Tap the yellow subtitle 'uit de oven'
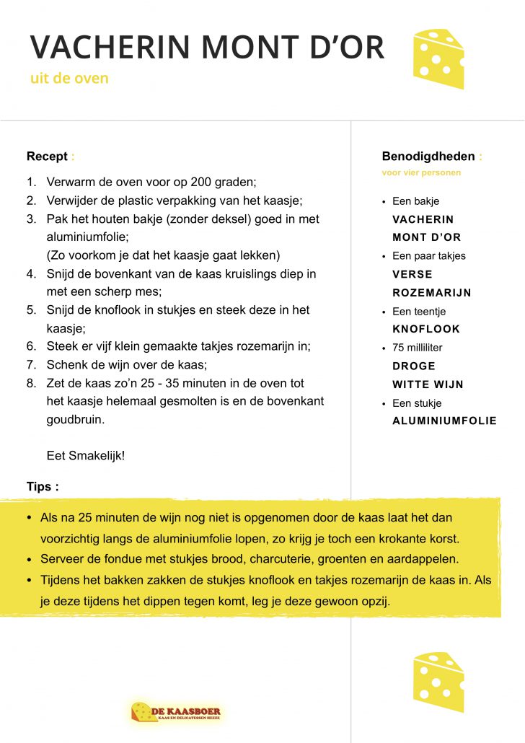[x=69, y=78]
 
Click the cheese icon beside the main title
[x=438, y=58]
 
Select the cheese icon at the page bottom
[x=438, y=682]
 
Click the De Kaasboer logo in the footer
[x=176, y=713]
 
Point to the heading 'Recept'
[x=47, y=157]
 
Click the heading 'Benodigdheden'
[x=428, y=157]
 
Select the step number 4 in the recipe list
[x=31, y=274]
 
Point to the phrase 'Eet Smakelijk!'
[x=86, y=456]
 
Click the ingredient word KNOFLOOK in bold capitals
[x=426, y=329]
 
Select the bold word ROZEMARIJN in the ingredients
[x=431, y=293]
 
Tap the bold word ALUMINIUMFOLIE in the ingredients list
[x=444, y=421]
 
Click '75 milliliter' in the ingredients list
[x=418, y=348]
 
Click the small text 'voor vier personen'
[x=421, y=173]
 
